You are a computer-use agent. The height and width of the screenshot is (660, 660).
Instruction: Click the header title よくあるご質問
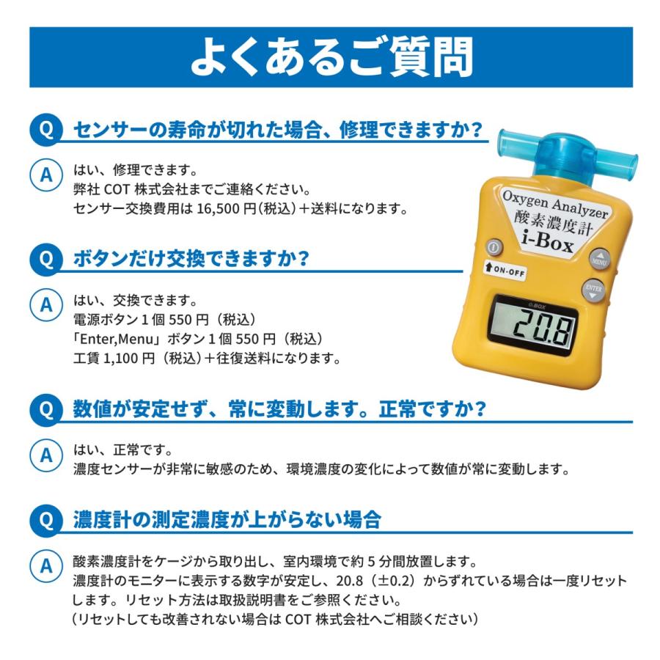pos(331,58)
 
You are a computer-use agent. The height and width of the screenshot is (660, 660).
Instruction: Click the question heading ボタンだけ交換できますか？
pos(191,260)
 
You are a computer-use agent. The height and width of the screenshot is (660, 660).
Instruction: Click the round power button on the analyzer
pos(495,248)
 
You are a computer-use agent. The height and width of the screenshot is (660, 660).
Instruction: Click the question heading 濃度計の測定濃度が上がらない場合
pos(227,521)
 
